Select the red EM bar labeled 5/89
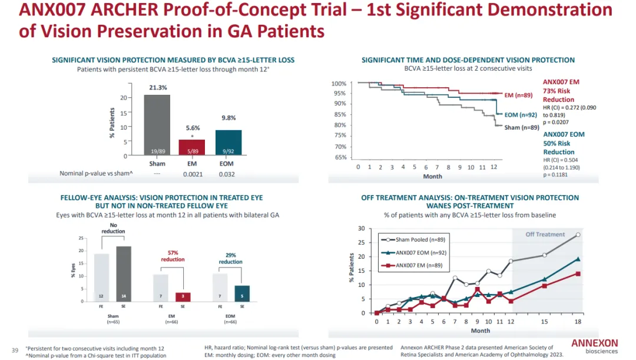193,147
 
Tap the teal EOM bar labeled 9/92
228,143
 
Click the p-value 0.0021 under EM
193,174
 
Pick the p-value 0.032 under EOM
228,174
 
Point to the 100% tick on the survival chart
339,84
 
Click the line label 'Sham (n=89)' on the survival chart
522,127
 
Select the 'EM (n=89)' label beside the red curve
518,95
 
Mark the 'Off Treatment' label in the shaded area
545,235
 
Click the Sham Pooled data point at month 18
578,235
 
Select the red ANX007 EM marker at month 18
578,273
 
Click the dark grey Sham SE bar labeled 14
124,273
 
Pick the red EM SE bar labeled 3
183,296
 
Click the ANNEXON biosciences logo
594,346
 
